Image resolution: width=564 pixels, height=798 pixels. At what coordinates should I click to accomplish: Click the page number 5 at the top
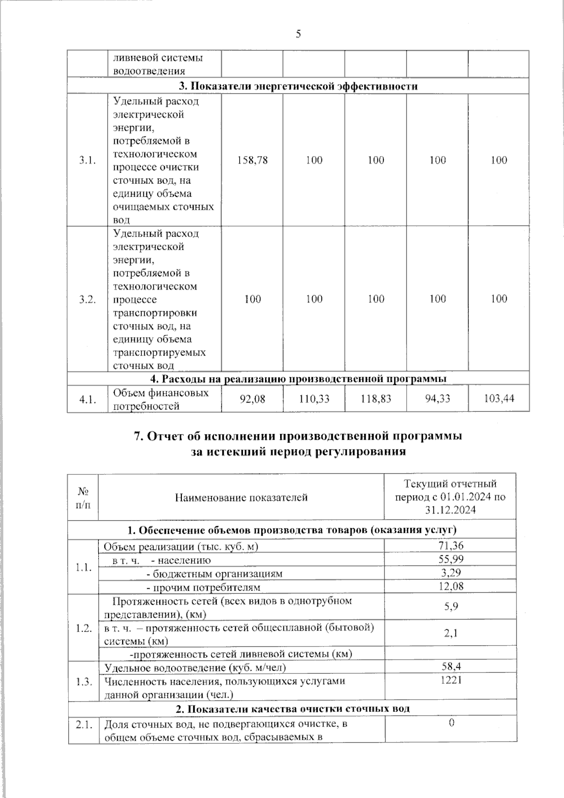(x=298, y=34)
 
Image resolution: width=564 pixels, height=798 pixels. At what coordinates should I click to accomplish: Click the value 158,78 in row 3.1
(x=252, y=160)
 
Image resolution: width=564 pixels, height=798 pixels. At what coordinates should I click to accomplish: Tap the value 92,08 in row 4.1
(x=252, y=399)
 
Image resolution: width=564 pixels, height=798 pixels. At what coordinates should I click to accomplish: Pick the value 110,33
(x=314, y=399)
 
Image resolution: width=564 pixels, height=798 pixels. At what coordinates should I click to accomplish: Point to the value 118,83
(x=376, y=399)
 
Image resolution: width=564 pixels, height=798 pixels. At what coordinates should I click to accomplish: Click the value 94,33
(x=437, y=399)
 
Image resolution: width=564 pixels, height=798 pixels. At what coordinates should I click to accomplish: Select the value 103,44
(x=499, y=399)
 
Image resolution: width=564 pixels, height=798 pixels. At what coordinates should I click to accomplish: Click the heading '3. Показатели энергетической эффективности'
(x=298, y=86)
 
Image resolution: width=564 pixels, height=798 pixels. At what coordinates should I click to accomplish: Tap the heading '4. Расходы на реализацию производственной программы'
(x=298, y=379)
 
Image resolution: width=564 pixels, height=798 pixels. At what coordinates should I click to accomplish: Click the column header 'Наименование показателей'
(x=241, y=497)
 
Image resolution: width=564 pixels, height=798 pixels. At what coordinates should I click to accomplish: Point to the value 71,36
(x=450, y=545)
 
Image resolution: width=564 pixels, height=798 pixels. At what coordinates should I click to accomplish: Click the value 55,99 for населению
(x=450, y=559)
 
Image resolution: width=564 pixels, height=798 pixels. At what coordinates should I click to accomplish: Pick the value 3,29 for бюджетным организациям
(x=450, y=573)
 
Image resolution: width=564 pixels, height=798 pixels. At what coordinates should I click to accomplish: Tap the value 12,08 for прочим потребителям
(x=450, y=586)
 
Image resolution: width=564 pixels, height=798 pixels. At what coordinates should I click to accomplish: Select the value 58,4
(x=450, y=667)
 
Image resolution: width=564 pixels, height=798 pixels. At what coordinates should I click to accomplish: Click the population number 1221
(x=450, y=680)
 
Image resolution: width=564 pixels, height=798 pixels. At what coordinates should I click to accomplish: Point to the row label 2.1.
(x=83, y=725)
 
